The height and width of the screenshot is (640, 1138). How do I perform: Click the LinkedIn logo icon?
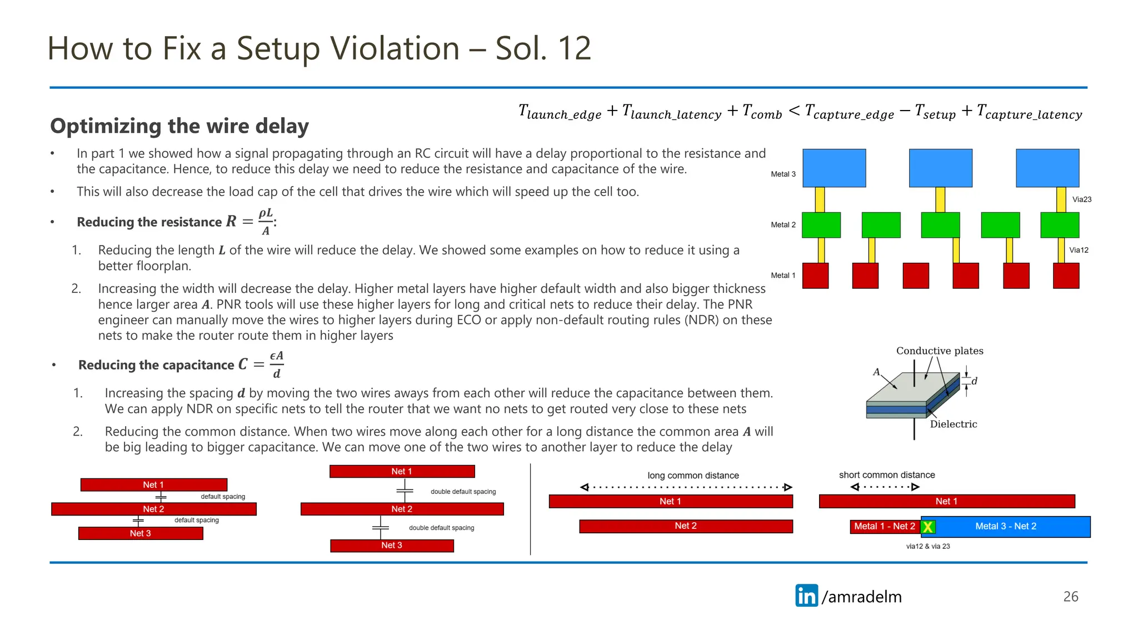(806, 596)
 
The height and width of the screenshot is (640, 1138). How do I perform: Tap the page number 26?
(1070, 597)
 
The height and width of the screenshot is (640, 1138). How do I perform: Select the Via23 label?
(1081, 199)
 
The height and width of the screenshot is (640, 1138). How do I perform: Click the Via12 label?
(1079, 250)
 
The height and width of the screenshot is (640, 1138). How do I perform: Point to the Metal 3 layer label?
(783, 174)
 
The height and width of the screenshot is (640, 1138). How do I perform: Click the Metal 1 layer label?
(783, 276)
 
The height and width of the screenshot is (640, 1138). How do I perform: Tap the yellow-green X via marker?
(927, 527)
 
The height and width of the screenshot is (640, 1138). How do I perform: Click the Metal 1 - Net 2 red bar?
(884, 526)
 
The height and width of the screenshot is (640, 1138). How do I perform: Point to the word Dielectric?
(953, 424)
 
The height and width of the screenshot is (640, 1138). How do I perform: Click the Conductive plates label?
(939, 351)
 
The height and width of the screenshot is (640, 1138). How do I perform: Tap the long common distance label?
(693, 476)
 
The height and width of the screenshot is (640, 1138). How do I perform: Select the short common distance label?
(887, 475)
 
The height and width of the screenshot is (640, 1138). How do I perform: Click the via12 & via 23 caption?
(927, 546)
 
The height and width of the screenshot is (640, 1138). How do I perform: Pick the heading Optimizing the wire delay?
(179, 126)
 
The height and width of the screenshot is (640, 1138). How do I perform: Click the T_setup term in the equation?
(935, 112)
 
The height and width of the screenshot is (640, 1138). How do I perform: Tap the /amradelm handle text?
(862, 597)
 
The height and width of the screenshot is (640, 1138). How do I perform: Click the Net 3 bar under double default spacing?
(392, 546)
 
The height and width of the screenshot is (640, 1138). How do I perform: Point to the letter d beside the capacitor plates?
(974, 381)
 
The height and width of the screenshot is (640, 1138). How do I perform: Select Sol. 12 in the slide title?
(543, 48)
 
